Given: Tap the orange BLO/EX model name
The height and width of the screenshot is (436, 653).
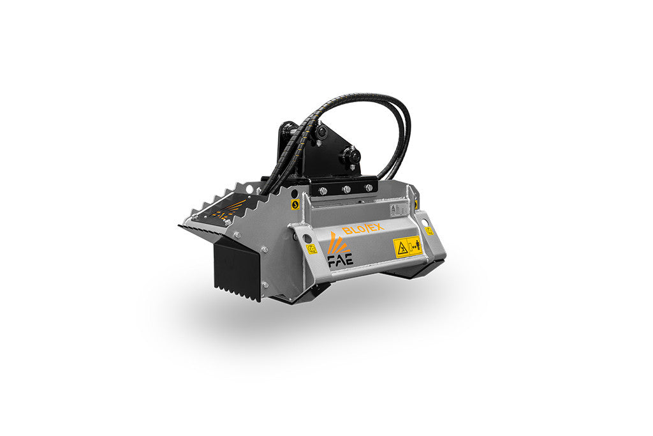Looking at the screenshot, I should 362,229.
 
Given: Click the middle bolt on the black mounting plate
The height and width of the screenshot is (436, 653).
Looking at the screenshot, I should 346,190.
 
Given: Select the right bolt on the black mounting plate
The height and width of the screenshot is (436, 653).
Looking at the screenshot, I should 368,188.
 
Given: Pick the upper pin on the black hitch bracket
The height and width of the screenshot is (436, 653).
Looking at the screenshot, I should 321,132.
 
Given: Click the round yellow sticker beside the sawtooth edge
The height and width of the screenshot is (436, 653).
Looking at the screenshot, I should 295,204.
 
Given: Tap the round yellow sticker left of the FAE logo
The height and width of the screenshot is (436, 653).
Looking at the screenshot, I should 312,250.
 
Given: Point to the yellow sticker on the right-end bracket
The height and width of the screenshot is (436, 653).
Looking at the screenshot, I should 429,230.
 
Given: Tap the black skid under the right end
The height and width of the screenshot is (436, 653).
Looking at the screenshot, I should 415,271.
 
